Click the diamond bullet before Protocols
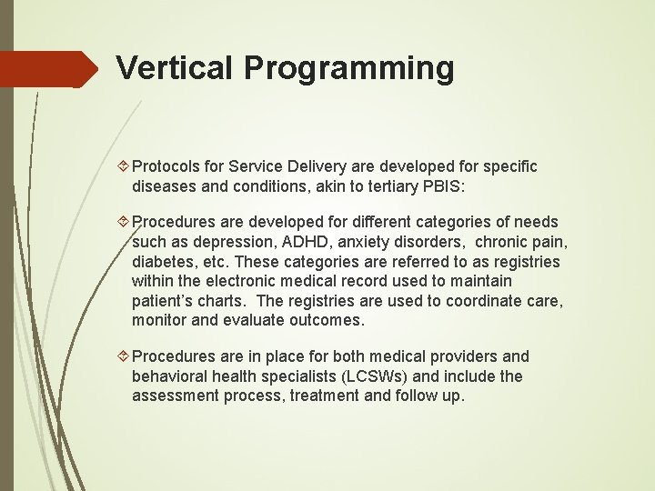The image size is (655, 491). point(125,166)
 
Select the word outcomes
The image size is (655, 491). point(325,321)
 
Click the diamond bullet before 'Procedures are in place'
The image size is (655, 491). point(125,356)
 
